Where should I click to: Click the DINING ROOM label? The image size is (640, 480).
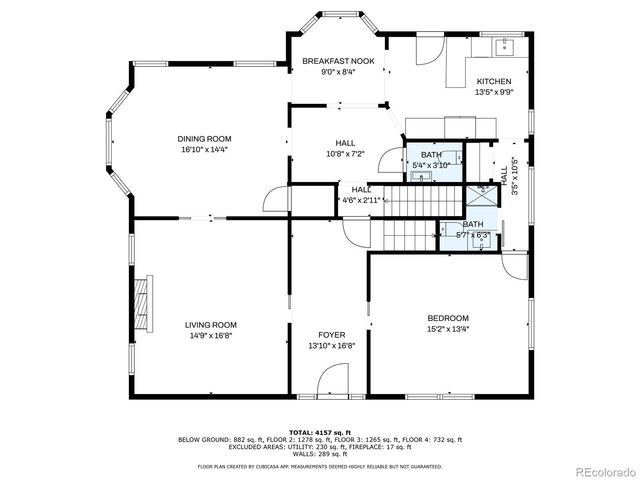coord(204,138)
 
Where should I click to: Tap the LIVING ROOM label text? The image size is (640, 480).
coord(210,324)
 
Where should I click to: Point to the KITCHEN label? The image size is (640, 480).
coord(493,82)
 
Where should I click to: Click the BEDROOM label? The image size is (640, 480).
coord(447,318)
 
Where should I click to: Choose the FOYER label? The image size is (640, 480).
coord(330,335)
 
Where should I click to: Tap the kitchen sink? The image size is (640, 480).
coord(504,45)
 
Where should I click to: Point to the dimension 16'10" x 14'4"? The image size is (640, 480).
coord(204,150)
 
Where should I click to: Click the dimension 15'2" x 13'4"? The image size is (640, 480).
coord(447,329)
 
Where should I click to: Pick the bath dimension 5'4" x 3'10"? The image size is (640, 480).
coord(430,165)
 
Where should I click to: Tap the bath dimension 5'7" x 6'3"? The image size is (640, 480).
coord(473,235)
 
